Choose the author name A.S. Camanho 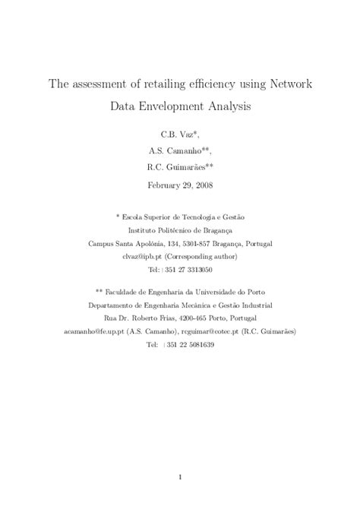coord(179,150)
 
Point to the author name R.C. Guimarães coord(179,169)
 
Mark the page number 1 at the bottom coord(180,476)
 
